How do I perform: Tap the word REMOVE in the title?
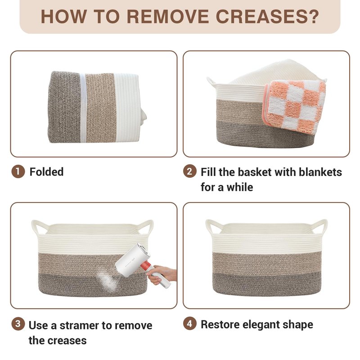[167, 17]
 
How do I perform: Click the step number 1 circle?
[18, 171]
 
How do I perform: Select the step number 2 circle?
[189, 171]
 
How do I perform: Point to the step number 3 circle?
[18, 324]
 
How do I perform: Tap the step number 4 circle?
[189, 324]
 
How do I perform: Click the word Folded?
[47, 172]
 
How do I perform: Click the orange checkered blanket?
[295, 106]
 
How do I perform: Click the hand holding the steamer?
[162, 274]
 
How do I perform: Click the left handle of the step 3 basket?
[40, 227]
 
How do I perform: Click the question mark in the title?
[314, 17]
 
